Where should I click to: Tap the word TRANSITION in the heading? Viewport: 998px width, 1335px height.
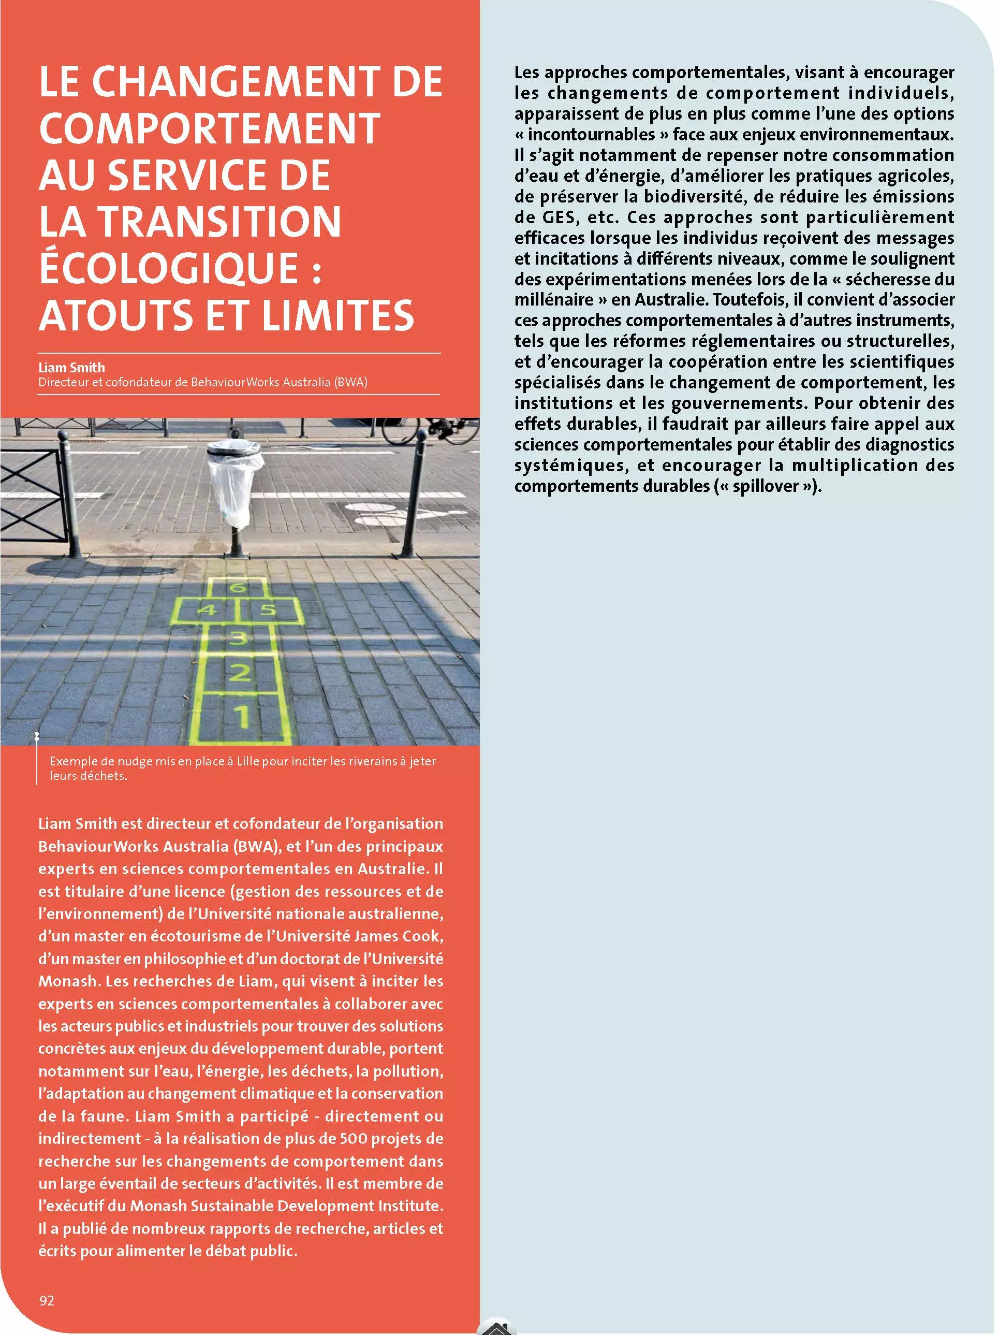pos(219,222)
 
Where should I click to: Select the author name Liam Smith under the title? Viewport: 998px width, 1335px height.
pos(71,368)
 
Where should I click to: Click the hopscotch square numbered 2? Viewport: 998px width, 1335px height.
pos(240,672)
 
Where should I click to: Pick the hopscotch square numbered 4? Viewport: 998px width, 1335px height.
pos(206,610)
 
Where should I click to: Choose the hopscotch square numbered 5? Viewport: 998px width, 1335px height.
pos(269,610)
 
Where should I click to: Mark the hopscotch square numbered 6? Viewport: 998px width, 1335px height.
pos(238,587)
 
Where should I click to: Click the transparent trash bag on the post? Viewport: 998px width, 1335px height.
pos(234,483)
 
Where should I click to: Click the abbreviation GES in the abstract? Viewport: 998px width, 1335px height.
pos(553,217)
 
